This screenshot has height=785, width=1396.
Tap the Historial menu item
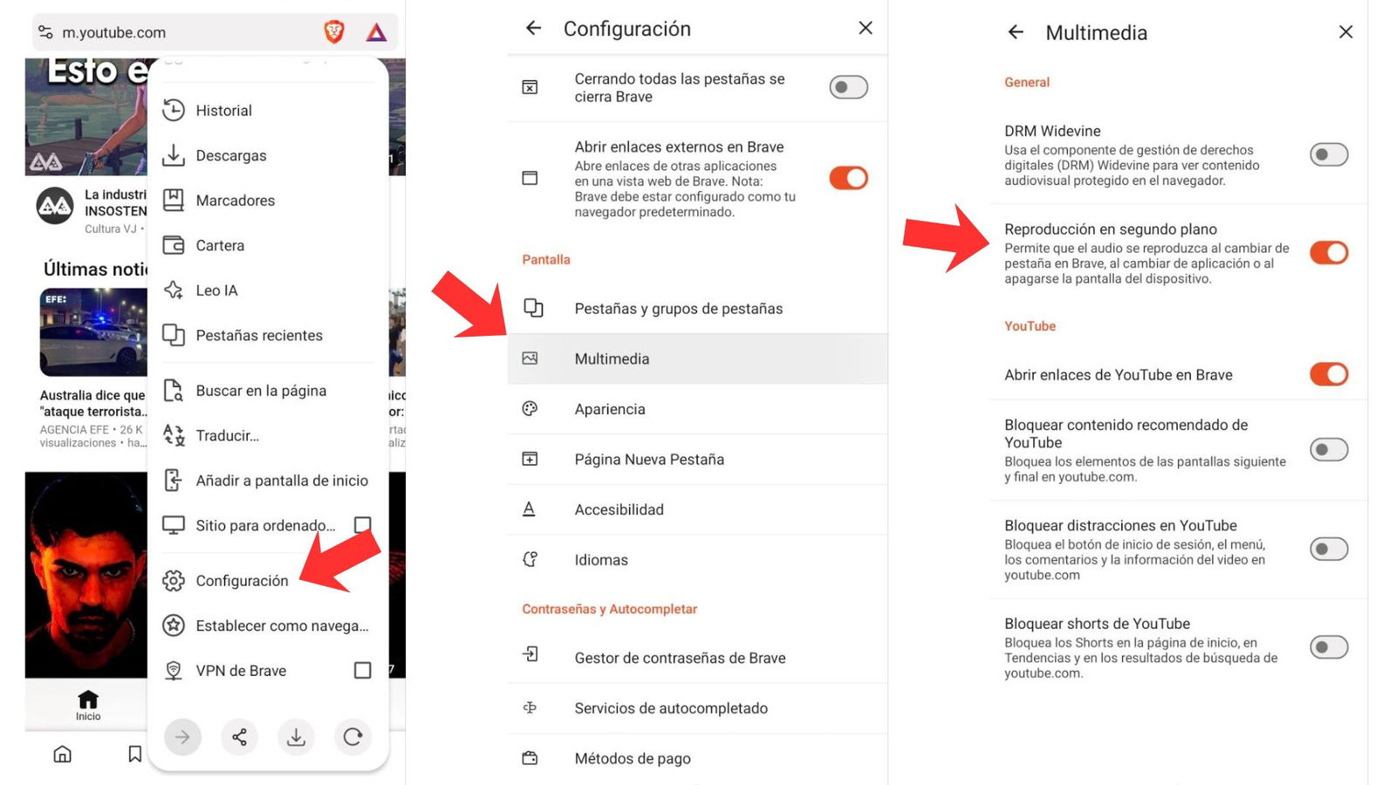pyautogui.click(x=223, y=111)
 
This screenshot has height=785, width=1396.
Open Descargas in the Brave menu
pyautogui.click(x=230, y=155)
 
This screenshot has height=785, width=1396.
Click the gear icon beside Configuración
pyautogui.click(x=174, y=580)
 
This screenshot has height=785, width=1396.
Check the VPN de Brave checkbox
pyautogui.click(x=362, y=670)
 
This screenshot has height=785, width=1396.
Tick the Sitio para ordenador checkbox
pyautogui.click(x=362, y=524)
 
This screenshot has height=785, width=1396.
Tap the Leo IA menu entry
pyautogui.click(x=216, y=290)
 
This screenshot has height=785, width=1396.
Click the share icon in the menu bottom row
pyautogui.click(x=239, y=737)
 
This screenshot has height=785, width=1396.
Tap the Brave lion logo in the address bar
pyautogui.click(x=334, y=32)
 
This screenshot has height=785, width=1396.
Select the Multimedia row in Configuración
pyautogui.click(x=611, y=358)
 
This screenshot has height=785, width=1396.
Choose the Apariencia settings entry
pyautogui.click(x=609, y=409)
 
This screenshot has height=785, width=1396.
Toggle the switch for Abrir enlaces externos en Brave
pyautogui.click(x=848, y=178)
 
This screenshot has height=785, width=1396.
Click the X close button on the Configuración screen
pyautogui.click(x=865, y=28)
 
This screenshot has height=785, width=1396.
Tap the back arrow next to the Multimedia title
pyautogui.click(x=1016, y=32)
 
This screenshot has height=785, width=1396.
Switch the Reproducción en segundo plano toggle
pyautogui.click(x=1328, y=253)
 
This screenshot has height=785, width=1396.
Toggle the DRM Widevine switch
pyautogui.click(x=1328, y=154)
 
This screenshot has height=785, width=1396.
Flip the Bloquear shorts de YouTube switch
pyautogui.click(x=1328, y=647)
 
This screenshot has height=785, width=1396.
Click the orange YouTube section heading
pyautogui.click(x=1030, y=326)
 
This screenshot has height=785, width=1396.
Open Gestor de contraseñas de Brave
pyautogui.click(x=679, y=658)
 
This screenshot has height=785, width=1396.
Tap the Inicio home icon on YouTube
pyautogui.click(x=88, y=702)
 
